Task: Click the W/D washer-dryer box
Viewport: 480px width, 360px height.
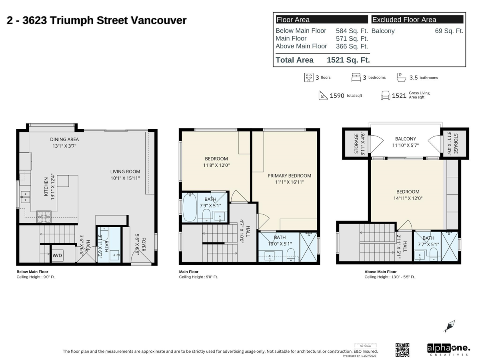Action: click(x=58, y=255)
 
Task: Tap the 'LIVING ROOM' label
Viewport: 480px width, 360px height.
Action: click(x=125, y=172)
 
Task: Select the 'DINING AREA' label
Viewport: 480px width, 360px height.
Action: click(x=64, y=139)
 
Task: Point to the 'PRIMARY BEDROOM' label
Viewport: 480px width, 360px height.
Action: click(x=289, y=176)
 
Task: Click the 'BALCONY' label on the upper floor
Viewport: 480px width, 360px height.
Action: click(x=406, y=139)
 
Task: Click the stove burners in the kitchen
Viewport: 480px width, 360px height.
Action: click(x=44, y=216)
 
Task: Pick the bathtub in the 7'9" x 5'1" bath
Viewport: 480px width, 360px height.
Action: click(x=190, y=207)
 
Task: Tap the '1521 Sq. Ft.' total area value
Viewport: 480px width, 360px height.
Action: click(x=348, y=60)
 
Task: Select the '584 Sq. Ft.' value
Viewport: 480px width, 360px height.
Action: click(x=352, y=31)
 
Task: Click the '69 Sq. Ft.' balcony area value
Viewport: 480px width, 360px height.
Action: click(x=449, y=31)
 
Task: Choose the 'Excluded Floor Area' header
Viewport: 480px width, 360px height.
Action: click(x=404, y=20)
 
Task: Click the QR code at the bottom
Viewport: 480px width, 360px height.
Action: click(x=402, y=350)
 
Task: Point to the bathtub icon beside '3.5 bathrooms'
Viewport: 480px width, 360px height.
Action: click(x=401, y=77)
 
